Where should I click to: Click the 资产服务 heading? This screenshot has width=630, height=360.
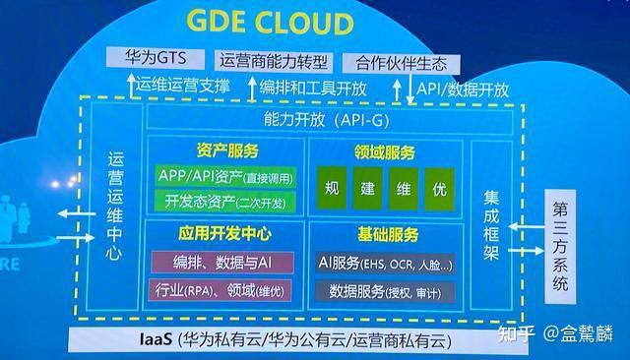point(227,150)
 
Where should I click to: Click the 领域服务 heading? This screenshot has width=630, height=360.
point(385,152)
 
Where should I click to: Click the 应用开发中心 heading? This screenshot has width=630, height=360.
point(225,234)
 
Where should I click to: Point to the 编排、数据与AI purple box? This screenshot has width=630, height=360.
point(225,262)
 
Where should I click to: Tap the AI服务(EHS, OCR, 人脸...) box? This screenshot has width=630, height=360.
point(386,264)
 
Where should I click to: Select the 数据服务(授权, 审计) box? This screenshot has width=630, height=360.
point(386,292)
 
